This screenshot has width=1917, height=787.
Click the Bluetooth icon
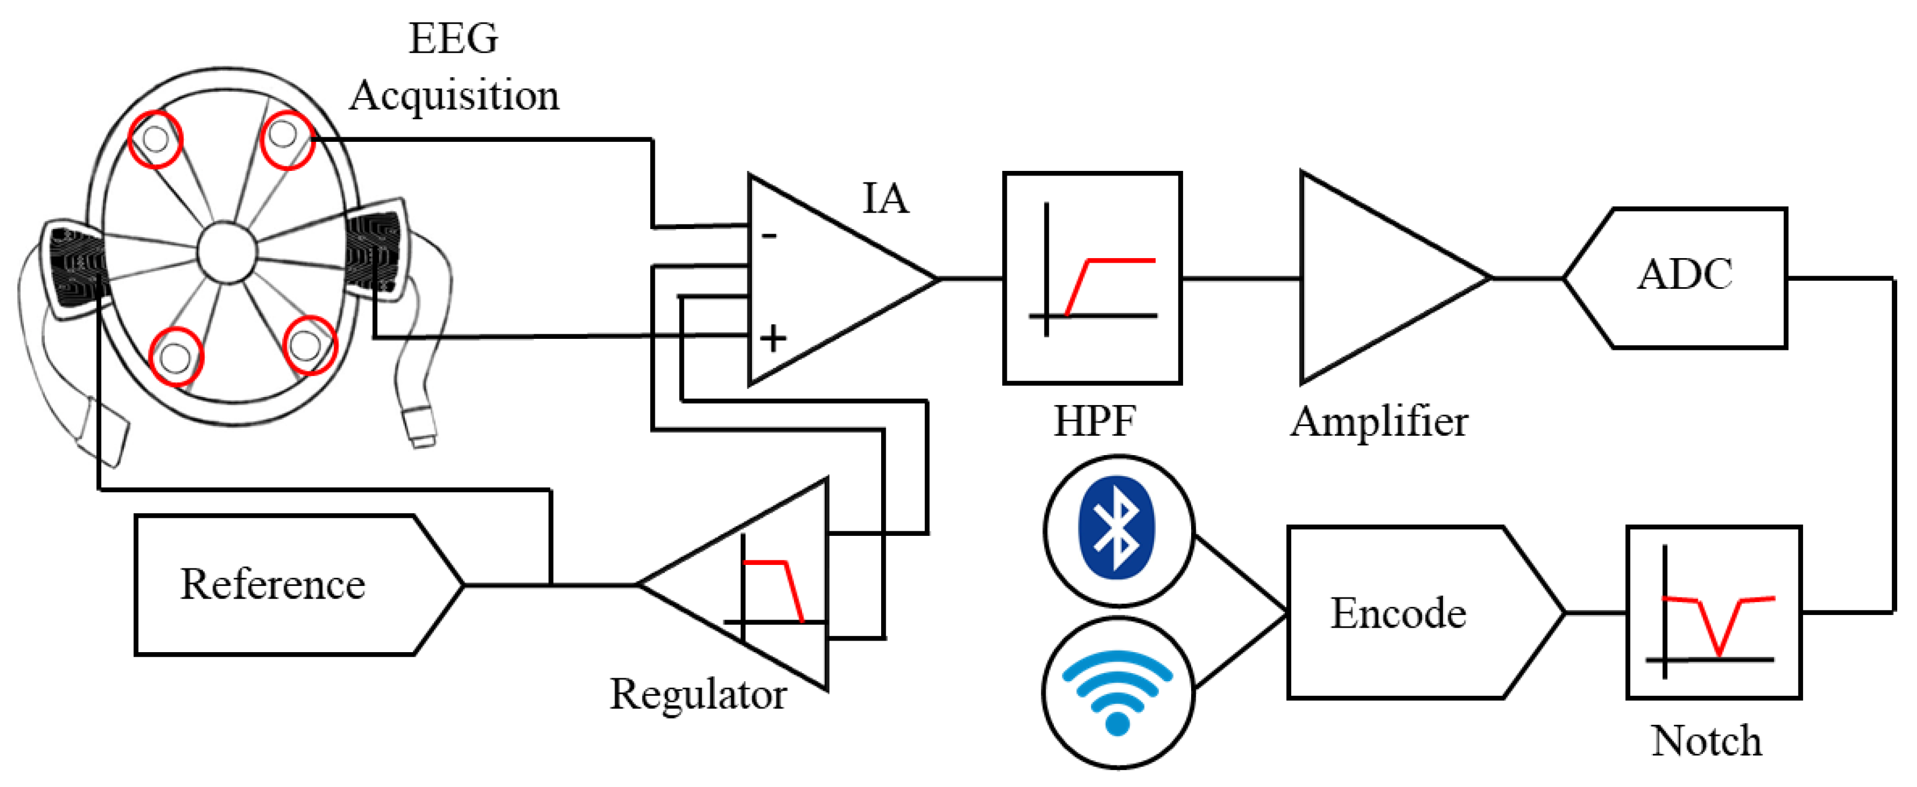(x=1118, y=529)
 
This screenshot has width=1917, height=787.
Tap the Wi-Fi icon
(x=1118, y=692)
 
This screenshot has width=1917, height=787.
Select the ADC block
(x=1683, y=277)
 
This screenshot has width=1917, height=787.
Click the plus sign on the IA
(x=772, y=338)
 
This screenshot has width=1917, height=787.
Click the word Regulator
(x=697, y=694)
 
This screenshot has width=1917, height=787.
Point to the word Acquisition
(x=454, y=96)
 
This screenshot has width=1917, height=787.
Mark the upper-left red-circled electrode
(x=155, y=138)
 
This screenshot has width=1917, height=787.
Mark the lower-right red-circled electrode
(x=309, y=345)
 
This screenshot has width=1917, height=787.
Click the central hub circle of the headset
(x=227, y=252)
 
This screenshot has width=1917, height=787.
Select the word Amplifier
(x=1379, y=422)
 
